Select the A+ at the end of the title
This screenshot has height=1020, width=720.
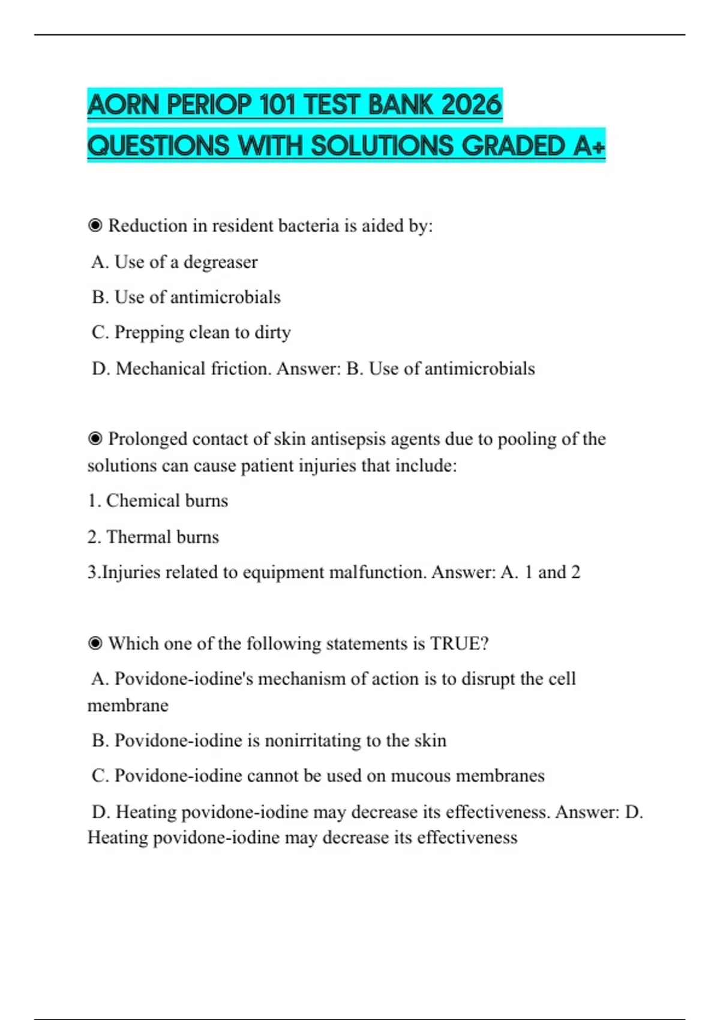pyautogui.click(x=589, y=146)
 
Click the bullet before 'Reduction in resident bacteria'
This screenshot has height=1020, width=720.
pyautogui.click(x=95, y=226)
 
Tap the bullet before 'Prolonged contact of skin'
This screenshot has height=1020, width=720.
pyautogui.click(x=95, y=439)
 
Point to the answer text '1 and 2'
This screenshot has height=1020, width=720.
pyautogui.click(x=552, y=572)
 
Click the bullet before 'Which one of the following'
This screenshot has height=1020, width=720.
pyautogui.click(x=95, y=643)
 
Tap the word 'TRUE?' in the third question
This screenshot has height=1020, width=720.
pyautogui.click(x=459, y=643)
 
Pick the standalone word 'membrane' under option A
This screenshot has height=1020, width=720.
pyautogui.click(x=128, y=705)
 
